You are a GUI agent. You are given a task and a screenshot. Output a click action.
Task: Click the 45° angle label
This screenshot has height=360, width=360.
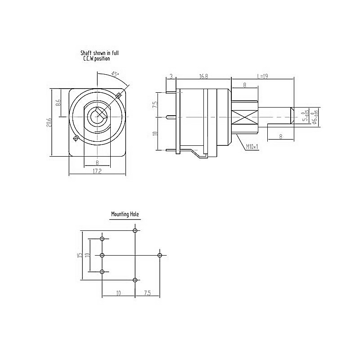pos(115,74)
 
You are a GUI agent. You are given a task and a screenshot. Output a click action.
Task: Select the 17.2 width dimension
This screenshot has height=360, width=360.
pos(96,171)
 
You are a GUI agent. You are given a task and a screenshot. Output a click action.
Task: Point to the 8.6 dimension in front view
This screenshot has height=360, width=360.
pos(58,103)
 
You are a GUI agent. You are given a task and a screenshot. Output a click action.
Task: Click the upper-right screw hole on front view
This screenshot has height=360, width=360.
pos(119,95)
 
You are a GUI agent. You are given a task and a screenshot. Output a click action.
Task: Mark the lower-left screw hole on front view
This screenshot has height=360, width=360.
pos(76,138)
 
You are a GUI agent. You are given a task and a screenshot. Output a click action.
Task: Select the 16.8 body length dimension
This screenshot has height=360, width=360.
pos(203,76)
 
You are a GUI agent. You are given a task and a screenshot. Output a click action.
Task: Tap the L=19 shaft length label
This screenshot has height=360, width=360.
pos(262,76)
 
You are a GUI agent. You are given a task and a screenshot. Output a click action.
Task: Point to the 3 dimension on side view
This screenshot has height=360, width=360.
pos(171,76)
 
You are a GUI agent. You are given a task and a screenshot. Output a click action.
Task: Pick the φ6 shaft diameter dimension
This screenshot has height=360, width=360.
pos(315,117)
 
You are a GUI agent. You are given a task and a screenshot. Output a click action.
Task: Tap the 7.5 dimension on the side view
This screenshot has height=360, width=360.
pos(155,104)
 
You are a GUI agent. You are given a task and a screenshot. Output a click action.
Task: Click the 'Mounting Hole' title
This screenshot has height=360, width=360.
pos(125,215)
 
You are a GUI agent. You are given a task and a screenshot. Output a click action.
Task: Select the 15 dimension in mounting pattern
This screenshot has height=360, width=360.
pos(80,255)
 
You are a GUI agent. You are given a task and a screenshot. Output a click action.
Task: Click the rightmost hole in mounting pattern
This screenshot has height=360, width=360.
pos(160,255)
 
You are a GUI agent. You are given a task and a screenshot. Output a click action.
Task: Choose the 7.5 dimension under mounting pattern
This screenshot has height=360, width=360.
pos(148,293)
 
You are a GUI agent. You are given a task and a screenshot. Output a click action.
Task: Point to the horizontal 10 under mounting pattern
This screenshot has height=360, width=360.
pos(118,293)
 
